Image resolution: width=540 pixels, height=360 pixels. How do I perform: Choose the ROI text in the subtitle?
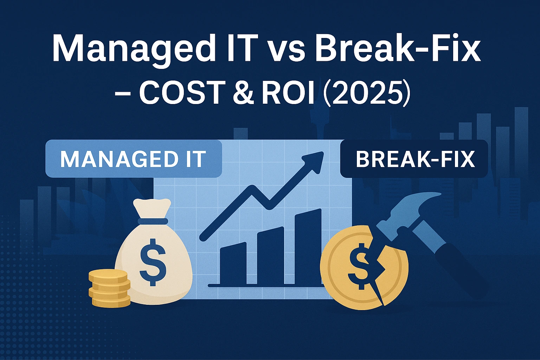pyautogui.click(x=288, y=92)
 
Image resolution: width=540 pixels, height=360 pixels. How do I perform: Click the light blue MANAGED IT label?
pyautogui.click(x=134, y=159)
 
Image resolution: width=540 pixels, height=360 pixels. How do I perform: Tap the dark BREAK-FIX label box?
pyautogui.click(x=414, y=159)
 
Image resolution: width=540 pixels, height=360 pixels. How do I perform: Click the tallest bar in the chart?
pyautogui.click(x=308, y=246)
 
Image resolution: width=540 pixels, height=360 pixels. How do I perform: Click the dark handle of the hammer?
pyautogui.click(x=457, y=260)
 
